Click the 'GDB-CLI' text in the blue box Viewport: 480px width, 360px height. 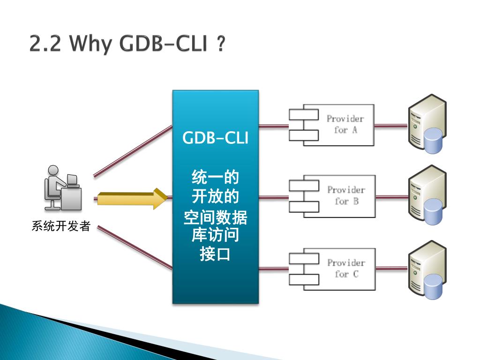(215, 138)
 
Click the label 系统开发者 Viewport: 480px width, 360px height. (60, 227)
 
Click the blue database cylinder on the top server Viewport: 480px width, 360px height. (433, 141)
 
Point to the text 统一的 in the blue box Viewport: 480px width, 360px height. (215, 178)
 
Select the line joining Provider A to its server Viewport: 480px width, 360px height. (391, 126)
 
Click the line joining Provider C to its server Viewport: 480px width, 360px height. (391, 269)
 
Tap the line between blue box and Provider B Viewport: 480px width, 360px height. (273, 197)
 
